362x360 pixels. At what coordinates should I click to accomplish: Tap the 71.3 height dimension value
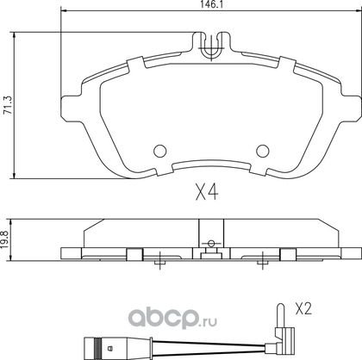(8, 105)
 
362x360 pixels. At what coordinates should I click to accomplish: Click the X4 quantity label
(207, 192)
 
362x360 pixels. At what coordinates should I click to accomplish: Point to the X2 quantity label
(303, 309)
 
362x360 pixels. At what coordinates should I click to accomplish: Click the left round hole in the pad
(160, 151)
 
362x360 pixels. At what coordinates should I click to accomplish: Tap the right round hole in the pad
(263, 151)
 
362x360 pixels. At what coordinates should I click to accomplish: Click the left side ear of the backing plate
(72, 109)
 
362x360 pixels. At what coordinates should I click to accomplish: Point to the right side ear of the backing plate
(351, 109)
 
